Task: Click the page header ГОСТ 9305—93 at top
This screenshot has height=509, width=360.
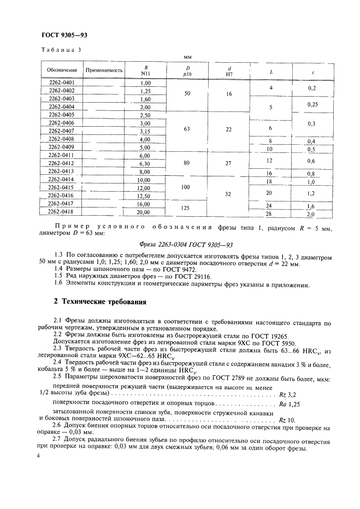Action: [x=64, y=35]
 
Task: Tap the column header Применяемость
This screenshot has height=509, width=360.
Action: [x=102, y=70]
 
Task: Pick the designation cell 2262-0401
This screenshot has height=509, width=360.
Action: [x=62, y=82]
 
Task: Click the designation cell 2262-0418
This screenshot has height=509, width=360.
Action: [x=62, y=211]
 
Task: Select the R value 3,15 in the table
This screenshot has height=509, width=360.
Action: [x=145, y=132]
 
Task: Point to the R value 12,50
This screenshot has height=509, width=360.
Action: [x=145, y=196]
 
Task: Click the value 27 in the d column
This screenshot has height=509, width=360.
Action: [x=229, y=163]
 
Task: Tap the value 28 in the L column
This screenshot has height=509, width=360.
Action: [x=269, y=214]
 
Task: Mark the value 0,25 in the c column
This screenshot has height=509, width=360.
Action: [x=311, y=104]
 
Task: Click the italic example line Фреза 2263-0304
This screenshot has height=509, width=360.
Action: [x=180, y=245]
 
